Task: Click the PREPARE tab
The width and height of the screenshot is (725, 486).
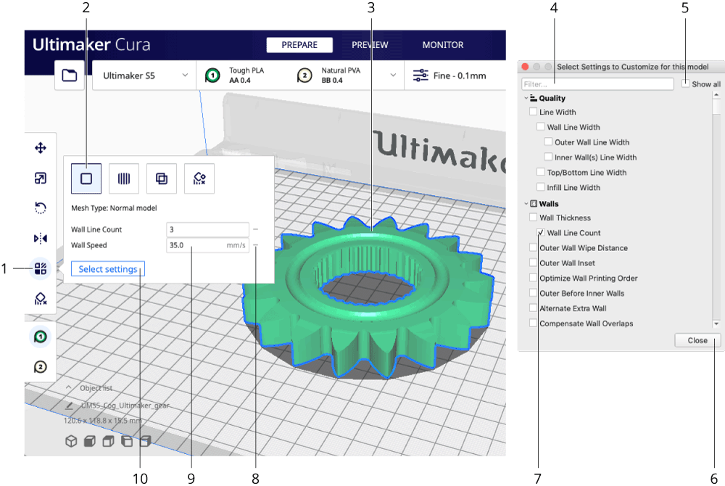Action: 299,45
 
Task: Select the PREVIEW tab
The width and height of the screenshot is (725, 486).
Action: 370,45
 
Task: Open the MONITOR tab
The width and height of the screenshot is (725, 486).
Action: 443,45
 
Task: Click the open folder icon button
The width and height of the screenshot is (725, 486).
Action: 70,75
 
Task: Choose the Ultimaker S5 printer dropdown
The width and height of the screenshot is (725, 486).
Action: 144,75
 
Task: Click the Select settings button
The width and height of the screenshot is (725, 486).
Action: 107,269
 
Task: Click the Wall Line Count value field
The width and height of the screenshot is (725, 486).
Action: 207,230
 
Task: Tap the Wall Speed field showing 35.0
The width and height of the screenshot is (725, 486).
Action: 207,246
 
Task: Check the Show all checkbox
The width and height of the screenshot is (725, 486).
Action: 686,84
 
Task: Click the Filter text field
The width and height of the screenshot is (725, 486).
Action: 597,84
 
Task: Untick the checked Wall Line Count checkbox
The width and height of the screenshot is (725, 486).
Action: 541,233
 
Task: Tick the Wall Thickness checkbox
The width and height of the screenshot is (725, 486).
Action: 534,218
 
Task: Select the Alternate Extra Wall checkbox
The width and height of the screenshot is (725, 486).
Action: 534,308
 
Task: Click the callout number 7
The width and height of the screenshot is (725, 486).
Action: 537,477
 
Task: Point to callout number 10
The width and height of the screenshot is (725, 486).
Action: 140,477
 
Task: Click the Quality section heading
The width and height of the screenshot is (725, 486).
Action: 552,98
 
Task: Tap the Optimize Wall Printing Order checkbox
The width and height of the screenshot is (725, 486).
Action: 534,278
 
